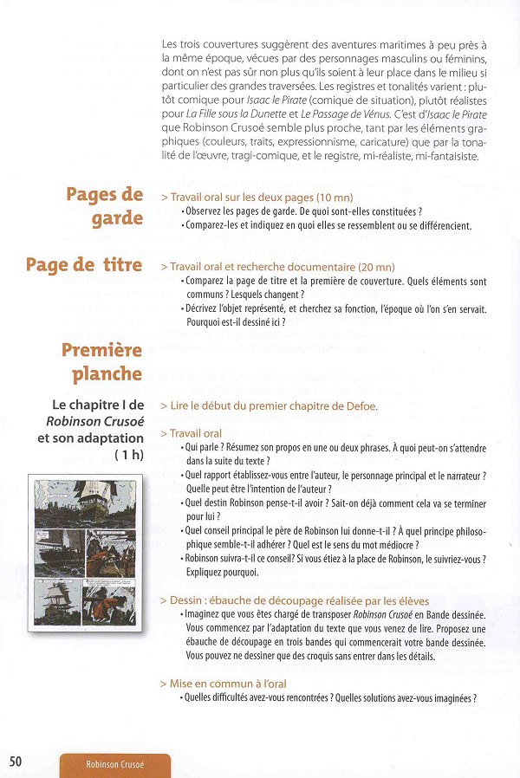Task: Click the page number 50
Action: pos(16,762)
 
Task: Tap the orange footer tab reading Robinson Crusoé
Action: pos(115,765)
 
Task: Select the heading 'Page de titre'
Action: pos(84,265)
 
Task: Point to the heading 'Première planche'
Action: pos(101,362)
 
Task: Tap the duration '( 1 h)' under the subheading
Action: pos(129,455)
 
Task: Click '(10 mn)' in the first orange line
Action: pos(335,198)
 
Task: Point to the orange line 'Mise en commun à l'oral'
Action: pos(224,684)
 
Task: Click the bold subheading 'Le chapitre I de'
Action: pos(98,405)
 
